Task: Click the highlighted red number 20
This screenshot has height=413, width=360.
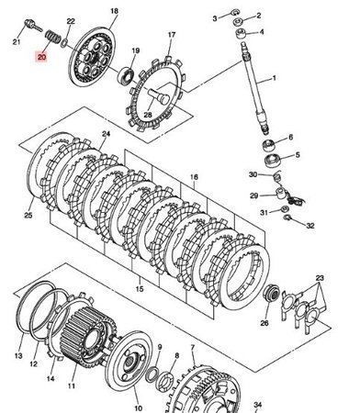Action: point(41,57)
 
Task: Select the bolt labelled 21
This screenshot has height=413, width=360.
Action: point(32,25)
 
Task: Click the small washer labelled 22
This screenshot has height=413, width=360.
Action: point(64,42)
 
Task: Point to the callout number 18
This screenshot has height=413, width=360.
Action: point(114,11)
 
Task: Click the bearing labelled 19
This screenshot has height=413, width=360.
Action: point(126,76)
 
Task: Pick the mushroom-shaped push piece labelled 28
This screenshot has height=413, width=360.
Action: point(159,95)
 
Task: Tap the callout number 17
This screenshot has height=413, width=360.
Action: point(172,35)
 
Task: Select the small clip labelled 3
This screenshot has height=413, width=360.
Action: point(234,13)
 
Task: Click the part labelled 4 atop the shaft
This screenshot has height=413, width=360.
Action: point(241,33)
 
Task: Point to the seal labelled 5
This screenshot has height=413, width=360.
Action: point(273,161)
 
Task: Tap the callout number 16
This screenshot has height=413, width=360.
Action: point(194,177)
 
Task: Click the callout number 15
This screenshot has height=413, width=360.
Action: point(140,288)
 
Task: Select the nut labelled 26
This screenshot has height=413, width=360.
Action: point(272,294)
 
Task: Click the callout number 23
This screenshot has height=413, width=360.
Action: point(320,278)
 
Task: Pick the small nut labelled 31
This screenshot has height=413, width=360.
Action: point(285,209)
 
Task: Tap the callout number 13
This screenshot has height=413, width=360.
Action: point(18,355)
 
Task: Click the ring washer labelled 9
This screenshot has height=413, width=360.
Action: point(152,375)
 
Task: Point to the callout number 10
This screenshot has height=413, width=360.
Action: point(138,407)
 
